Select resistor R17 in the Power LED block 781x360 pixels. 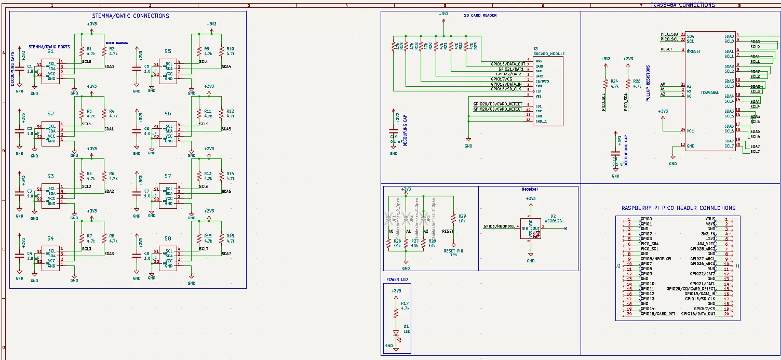[396, 312]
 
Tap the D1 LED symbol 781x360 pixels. [396, 334]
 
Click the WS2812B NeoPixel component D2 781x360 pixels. [530, 229]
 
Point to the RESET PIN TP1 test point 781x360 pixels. [453, 244]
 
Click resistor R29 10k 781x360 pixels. [454, 218]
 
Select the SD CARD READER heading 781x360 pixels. [480, 16]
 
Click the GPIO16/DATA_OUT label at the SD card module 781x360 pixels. [508, 64]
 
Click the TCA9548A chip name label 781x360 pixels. [709, 93]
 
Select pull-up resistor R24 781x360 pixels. [605, 84]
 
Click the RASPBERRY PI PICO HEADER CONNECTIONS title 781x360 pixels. [678, 208]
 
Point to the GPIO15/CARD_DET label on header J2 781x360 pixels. [657, 314]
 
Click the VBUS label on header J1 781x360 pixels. [710, 219]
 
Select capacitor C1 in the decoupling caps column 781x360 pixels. [20, 69]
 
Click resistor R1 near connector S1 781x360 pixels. [82, 51]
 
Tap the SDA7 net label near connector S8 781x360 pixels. [226, 254]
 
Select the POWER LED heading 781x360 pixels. [397, 279]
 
